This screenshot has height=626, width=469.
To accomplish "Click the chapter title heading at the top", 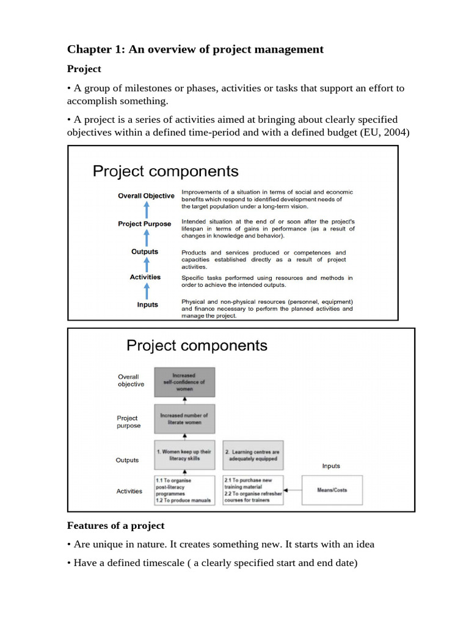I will pos(195,50).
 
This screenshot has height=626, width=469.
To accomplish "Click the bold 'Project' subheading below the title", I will pos(84,69).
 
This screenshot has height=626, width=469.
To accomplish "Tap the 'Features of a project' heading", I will pos(115,525).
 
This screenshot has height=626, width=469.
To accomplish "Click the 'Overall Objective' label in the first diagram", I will pos(146,196).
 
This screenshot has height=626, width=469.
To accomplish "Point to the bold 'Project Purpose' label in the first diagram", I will pos(145,224).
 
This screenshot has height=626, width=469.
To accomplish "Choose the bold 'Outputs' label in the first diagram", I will pos(145,251).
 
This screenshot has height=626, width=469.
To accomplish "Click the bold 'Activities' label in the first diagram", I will pos(145,277).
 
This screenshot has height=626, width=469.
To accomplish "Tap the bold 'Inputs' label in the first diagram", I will pos(147,304).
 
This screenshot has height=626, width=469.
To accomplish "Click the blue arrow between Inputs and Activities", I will pos(147,291).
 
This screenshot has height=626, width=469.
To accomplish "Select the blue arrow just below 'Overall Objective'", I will pos(147,210).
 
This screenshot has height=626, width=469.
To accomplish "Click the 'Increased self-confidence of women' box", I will pos(184,382).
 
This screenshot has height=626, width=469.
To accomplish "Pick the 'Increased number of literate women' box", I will pos(184,419).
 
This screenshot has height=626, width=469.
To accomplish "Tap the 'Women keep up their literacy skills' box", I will pos(184,454).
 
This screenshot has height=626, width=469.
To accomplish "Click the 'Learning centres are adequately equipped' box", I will pos(253,455).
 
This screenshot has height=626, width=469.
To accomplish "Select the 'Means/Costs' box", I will pos(332,490).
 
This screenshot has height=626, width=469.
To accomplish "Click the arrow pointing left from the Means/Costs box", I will pos(294,490).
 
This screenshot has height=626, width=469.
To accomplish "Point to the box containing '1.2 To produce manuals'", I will pos(184,490).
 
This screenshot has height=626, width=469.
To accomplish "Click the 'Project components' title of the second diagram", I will pos(197,345).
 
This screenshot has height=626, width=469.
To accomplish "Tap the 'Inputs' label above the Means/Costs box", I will pos(331,466).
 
